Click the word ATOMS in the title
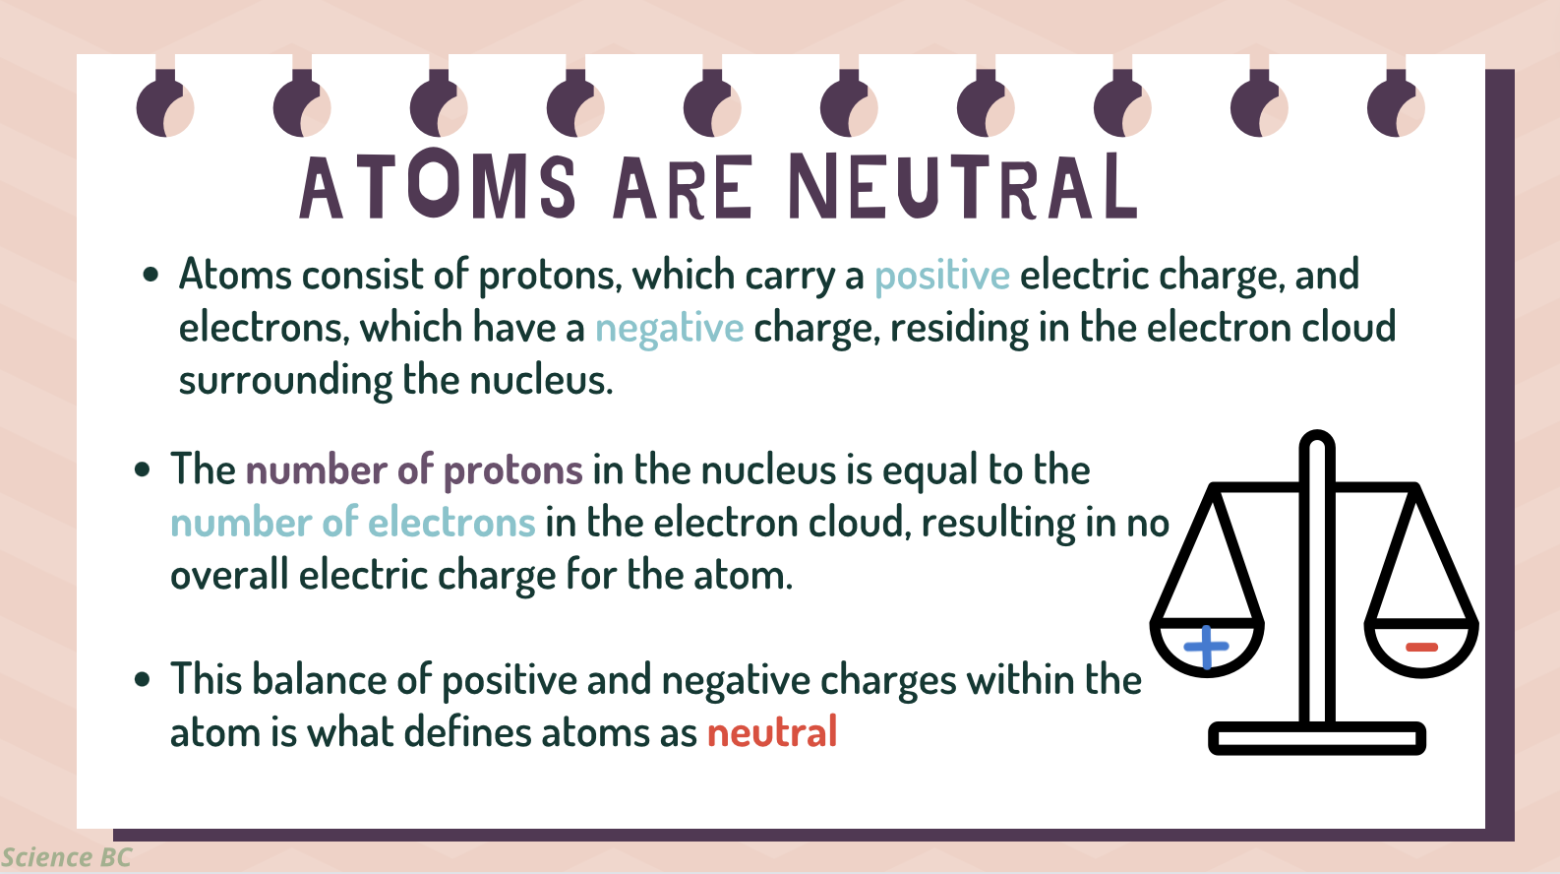click(x=438, y=186)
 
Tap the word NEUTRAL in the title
click(x=963, y=186)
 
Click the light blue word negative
click(x=669, y=329)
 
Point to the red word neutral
click(x=772, y=732)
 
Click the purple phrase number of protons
click(x=414, y=469)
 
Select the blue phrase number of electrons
click(x=352, y=522)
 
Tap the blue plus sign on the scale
click(x=1206, y=647)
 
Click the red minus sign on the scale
click(x=1421, y=648)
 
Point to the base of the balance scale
click(x=1317, y=738)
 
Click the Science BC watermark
click(x=66, y=857)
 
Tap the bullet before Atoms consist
click(x=150, y=274)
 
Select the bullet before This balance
click(x=142, y=679)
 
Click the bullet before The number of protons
click(x=142, y=469)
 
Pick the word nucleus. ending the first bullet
click(x=541, y=381)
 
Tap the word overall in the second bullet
click(x=229, y=575)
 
